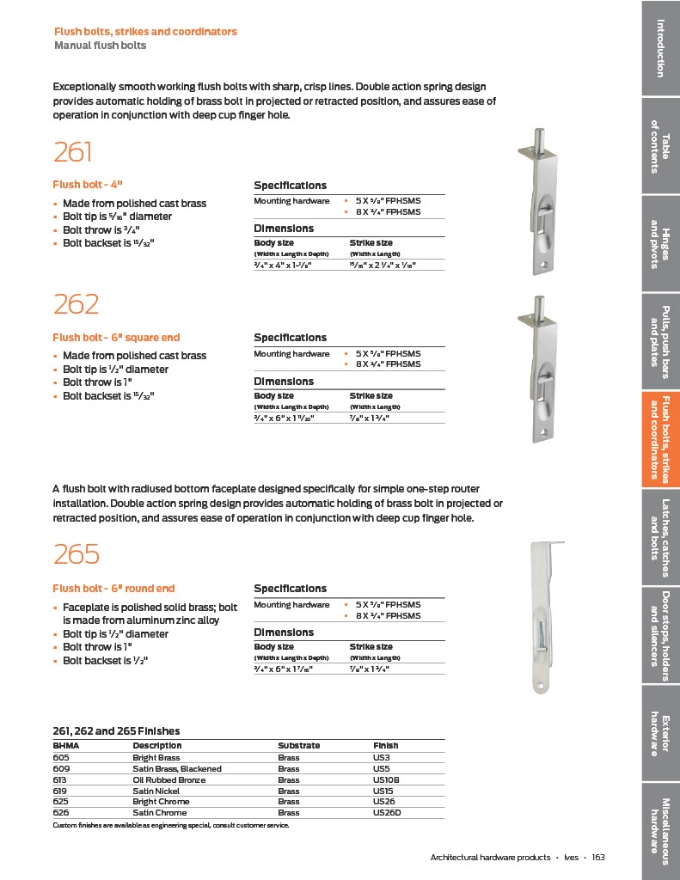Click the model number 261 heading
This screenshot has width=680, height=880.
[x=72, y=152]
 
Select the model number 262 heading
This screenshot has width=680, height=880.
[x=76, y=304]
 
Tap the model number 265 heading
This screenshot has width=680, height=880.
[x=77, y=554]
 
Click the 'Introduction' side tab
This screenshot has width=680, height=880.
[x=660, y=47]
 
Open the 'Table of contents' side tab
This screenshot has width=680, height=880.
[x=660, y=145]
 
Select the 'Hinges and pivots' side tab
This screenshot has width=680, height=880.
[x=660, y=244]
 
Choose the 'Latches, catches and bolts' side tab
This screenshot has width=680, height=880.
[x=660, y=537]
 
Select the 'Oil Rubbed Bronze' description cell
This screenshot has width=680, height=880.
[x=168, y=779]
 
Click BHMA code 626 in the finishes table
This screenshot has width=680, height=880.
[x=60, y=812]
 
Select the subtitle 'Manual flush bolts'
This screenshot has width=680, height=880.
[x=100, y=45]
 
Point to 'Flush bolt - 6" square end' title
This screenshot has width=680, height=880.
[x=116, y=338]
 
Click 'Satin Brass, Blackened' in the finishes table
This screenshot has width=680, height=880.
[x=176, y=768]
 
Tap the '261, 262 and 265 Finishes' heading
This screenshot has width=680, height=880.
[x=116, y=730]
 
